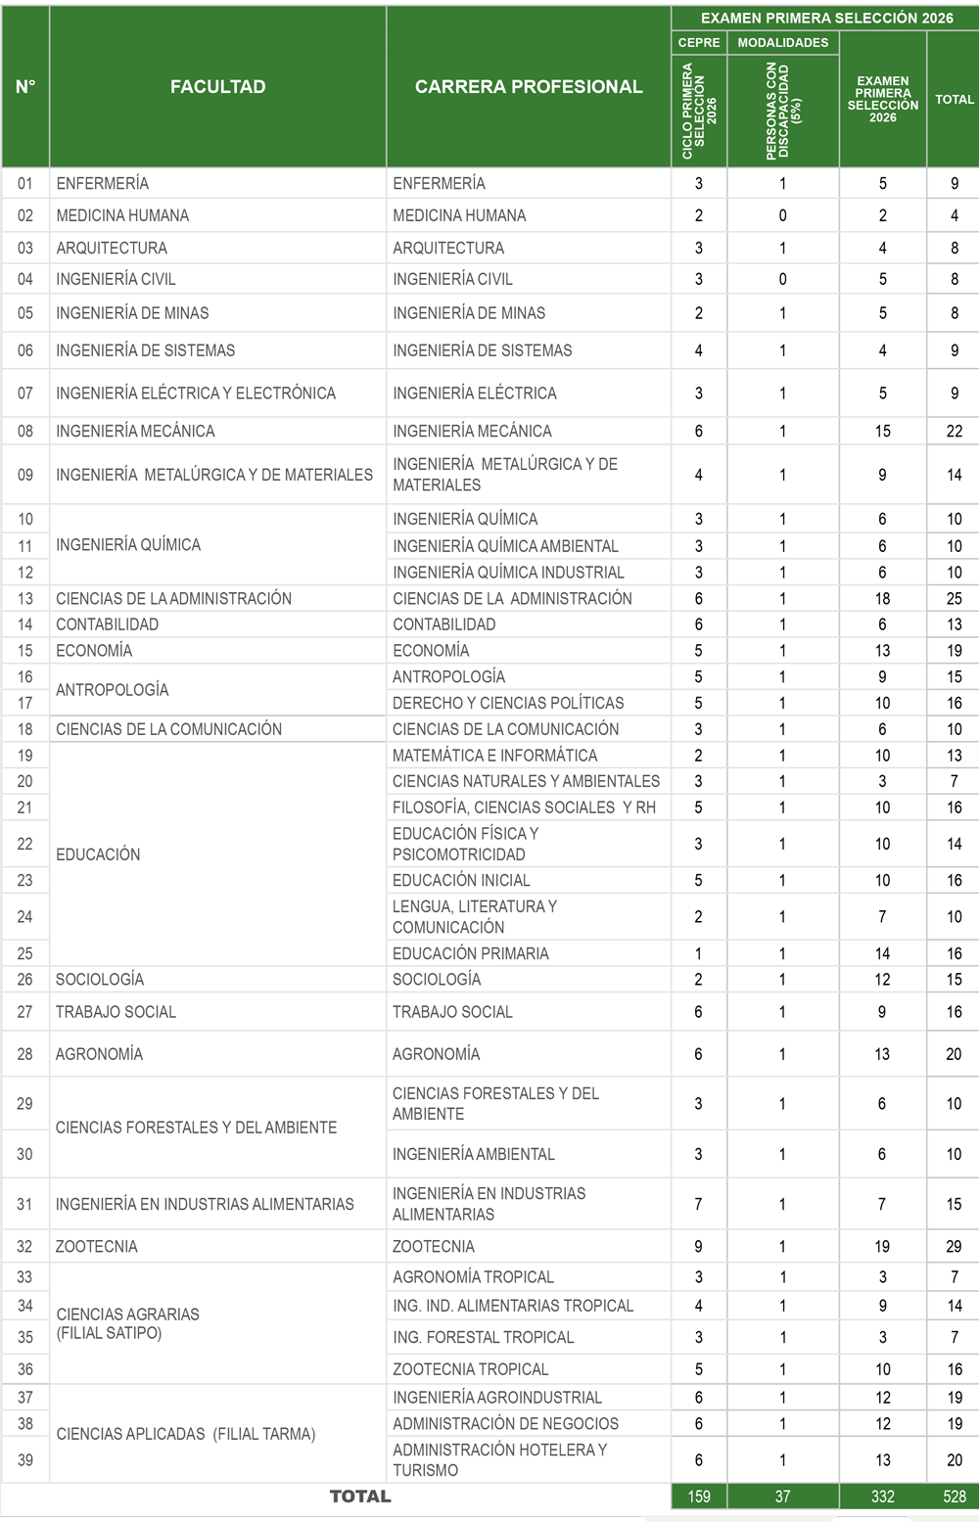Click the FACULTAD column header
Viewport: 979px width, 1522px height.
[x=217, y=87]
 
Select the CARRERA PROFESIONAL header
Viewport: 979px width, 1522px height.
[x=529, y=87]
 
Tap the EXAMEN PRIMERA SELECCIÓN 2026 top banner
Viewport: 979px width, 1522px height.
[x=826, y=18]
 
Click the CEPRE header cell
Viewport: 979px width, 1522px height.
[x=699, y=43]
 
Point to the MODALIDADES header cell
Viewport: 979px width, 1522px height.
[x=783, y=43]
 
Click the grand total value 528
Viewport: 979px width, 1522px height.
[x=955, y=1497]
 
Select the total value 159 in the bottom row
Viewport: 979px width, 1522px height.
[x=699, y=1497]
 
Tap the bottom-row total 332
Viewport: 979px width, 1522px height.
[x=883, y=1497]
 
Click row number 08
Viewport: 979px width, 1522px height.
[x=25, y=431]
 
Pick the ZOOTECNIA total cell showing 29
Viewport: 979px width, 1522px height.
[x=955, y=1246]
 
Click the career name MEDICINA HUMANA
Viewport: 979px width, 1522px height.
[x=459, y=215]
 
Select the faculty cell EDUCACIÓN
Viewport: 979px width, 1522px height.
[x=98, y=854]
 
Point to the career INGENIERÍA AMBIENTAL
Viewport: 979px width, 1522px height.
[x=474, y=1154]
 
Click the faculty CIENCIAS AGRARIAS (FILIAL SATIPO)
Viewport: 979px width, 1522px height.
[x=128, y=1323]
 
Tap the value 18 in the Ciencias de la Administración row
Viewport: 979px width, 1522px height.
[x=883, y=598]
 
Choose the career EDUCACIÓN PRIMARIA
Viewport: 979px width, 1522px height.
[x=471, y=953]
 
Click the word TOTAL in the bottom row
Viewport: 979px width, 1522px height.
[x=360, y=1497]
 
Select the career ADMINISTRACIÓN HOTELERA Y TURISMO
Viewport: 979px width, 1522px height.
[x=499, y=1459]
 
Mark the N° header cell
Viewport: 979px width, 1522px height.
[x=25, y=87]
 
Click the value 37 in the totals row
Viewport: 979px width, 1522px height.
[x=783, y=1497]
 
